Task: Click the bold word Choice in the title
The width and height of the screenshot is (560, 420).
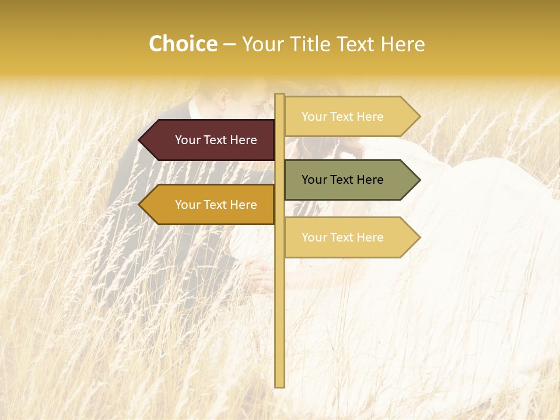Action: [x=183, y=44]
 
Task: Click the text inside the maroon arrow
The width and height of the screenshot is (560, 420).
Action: [x=216, y=140]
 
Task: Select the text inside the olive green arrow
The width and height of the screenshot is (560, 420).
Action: [x=342, y=180]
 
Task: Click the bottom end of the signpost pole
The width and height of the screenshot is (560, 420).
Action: [x=279, y=385]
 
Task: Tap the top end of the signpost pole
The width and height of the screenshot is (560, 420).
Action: [x=279, y=96]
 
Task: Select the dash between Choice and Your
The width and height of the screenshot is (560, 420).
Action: [x=229, y=44]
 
